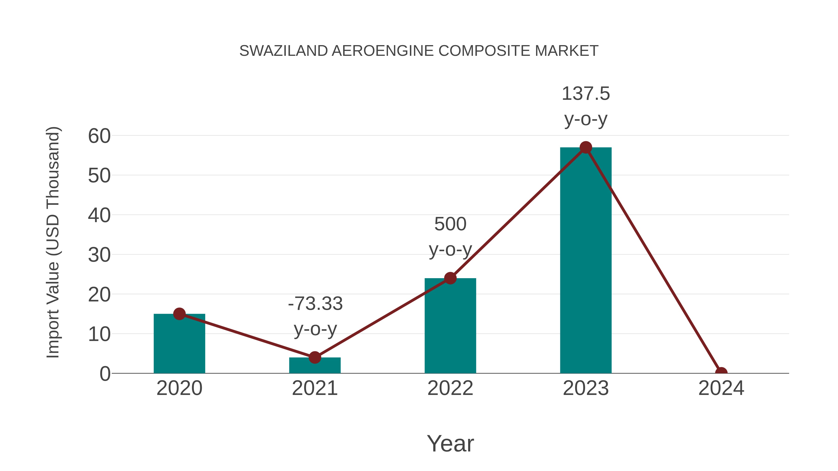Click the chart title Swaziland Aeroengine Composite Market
419,51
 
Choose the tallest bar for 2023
586,260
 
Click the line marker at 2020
179,314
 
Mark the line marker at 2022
450,278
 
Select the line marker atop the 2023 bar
586,147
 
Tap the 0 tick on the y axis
105,374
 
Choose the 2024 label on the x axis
721,388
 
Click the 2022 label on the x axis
450,388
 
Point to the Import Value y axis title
53,242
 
